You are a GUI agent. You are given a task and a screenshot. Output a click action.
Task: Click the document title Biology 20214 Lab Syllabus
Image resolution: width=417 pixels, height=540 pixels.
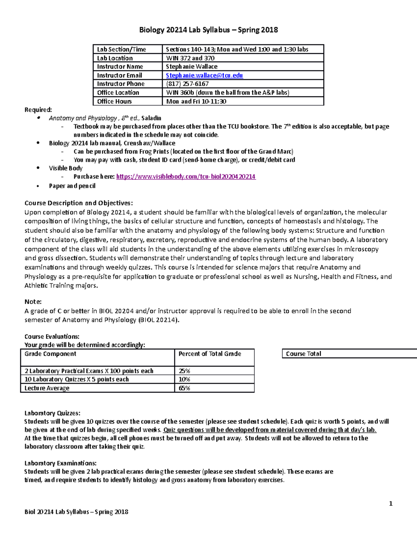click(x=208, y=30)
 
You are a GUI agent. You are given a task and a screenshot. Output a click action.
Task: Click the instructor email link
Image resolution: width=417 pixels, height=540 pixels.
click(x=204, y=75)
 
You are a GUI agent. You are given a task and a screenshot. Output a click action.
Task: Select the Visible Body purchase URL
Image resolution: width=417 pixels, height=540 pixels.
click(x=186, y=177)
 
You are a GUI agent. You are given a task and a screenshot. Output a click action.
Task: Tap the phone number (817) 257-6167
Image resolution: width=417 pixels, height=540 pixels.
click(x=187, y=84)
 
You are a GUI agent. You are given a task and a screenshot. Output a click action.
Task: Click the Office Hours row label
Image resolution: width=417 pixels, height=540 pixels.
click(x=114, y=102)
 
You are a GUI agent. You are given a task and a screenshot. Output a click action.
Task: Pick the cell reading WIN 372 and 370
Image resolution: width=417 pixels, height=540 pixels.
click(x=190, y=58)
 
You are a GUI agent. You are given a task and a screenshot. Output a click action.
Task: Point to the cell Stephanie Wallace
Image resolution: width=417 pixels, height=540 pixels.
click(x=191, y=67)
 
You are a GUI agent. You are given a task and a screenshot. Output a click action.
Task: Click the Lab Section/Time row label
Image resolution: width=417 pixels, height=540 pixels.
click(x=121, y=49)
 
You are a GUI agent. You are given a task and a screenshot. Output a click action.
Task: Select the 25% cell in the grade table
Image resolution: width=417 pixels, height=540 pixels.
click(x=185, y=371)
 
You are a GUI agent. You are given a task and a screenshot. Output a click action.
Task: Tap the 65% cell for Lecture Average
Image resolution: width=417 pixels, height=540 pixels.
click(x=185, y=388)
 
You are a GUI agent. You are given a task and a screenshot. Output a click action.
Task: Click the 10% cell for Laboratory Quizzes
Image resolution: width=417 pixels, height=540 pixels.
click(x=185, y=379)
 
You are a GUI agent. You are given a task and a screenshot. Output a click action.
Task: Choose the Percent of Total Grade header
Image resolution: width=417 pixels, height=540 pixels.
click(x=210, y=354)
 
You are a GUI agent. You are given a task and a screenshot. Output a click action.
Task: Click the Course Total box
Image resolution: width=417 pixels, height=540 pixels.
click(x=303, y=354)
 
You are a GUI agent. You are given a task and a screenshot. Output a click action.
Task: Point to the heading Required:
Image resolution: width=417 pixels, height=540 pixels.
click(x=38, y=110)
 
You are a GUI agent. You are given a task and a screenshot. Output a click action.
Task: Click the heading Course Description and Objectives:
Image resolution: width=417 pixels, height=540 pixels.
click(x=79, y=203)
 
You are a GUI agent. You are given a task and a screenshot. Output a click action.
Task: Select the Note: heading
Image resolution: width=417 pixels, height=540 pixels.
click(x=33, y=302)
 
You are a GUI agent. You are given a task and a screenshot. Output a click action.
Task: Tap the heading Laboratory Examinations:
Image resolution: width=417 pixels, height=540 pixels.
click(x=60, y=463)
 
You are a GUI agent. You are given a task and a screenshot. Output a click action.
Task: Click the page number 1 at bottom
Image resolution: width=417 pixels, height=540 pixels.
click(x=391, y=504)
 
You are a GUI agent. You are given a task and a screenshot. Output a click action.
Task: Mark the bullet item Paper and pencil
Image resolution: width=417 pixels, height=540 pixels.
click(x=72, y=186)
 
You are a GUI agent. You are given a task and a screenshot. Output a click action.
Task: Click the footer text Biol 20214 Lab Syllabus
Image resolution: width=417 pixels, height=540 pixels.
click(x=76, y=512)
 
